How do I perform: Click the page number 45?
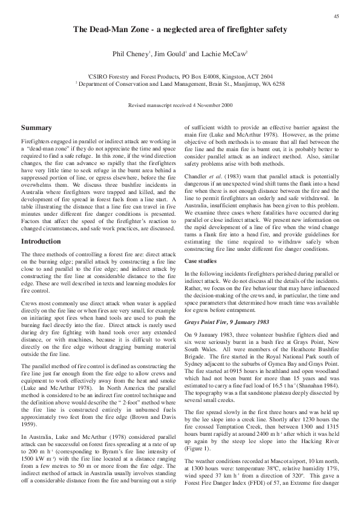coord(336,16)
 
